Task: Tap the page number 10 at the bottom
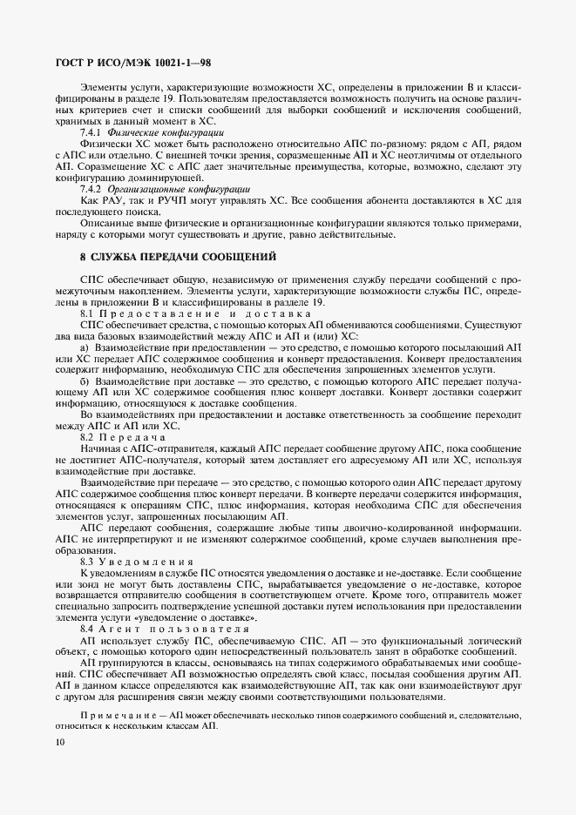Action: click(x=58, y=742)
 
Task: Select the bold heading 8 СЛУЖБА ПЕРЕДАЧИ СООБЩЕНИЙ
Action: click(x=178, y=257)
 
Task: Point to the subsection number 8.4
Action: click(x=87, y=628)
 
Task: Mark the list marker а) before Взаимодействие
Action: click(x=85, y=347)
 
